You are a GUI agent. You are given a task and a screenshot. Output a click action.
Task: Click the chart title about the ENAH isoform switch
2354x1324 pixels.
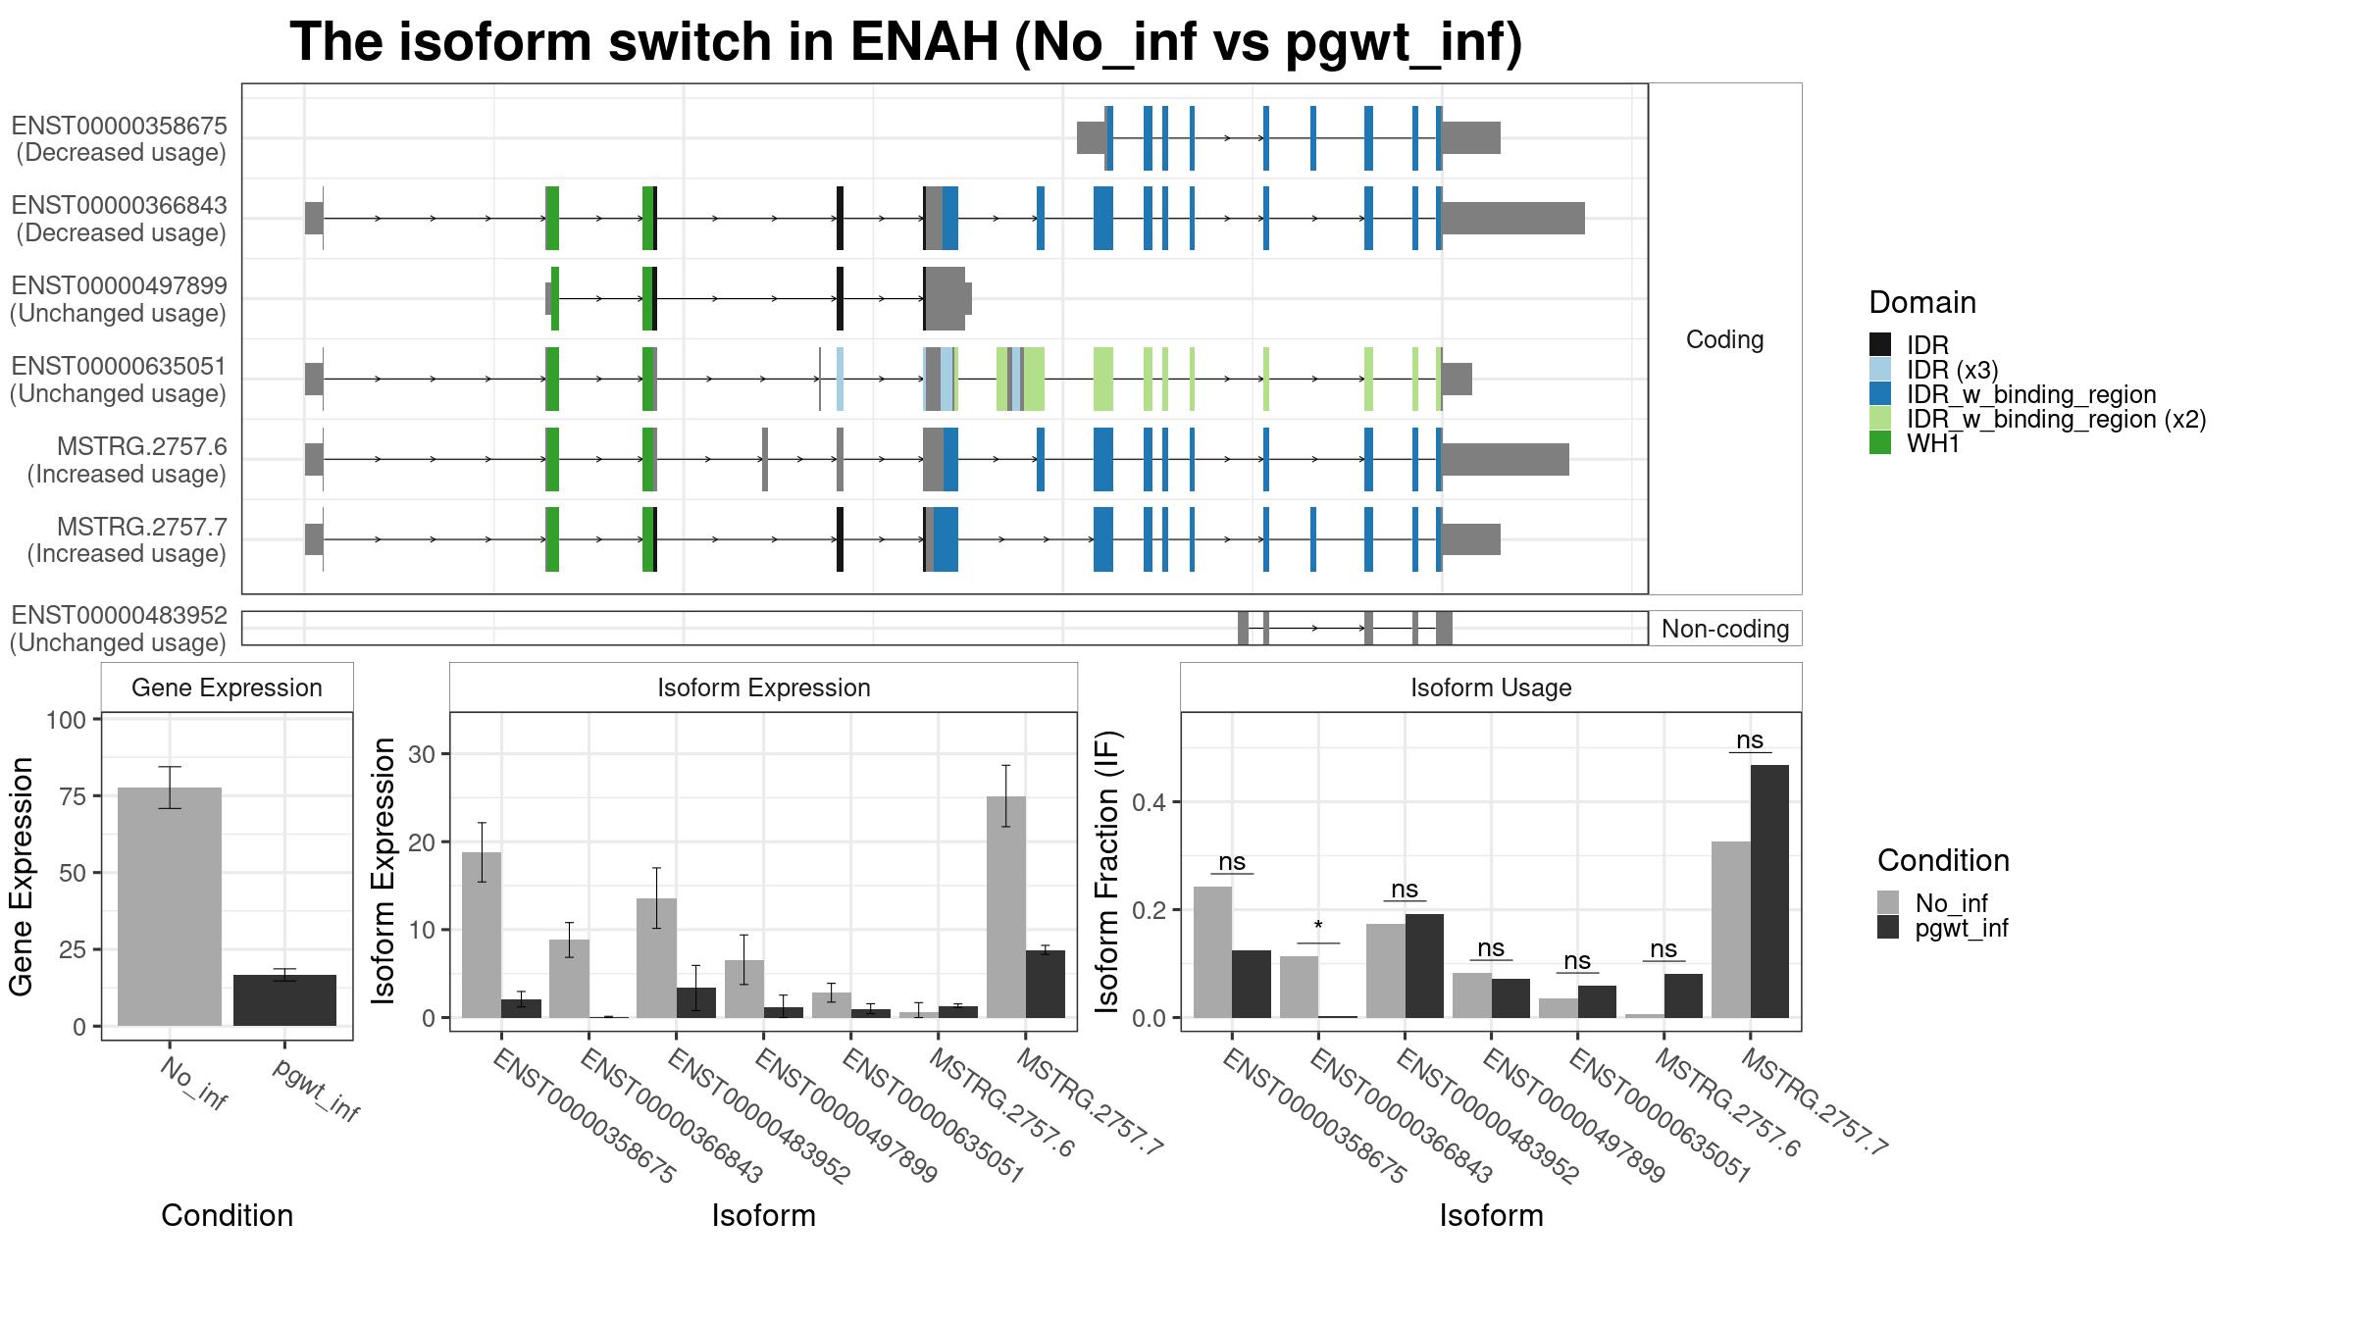905,42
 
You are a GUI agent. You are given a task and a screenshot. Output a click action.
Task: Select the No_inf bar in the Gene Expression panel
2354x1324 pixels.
170,906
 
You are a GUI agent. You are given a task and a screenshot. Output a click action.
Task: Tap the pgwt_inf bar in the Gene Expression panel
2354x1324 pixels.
284,1000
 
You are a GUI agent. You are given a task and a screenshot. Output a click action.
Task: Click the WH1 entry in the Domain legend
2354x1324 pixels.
1933,443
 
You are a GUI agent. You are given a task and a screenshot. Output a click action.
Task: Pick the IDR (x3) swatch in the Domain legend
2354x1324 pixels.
1880,369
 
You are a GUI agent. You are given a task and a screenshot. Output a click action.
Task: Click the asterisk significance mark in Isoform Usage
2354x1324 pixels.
1318,927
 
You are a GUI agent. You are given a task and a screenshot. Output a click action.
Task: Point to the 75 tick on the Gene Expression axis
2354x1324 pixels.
74,795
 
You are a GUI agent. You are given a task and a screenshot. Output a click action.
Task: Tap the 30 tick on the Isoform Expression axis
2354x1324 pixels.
423,754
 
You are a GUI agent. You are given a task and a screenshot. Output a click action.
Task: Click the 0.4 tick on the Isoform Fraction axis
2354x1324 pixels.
1150,802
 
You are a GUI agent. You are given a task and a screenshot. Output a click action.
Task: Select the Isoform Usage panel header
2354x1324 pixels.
1491,687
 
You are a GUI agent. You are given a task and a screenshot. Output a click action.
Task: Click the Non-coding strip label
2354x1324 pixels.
1725,629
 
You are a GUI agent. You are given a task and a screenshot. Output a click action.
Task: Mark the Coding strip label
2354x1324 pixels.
1724,339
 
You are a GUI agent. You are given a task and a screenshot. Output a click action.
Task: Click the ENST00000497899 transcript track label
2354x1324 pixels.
119,299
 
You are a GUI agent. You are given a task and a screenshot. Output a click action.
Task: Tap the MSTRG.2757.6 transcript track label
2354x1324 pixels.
128,460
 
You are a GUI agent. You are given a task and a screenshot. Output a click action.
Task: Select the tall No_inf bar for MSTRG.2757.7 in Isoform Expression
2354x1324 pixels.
1006,907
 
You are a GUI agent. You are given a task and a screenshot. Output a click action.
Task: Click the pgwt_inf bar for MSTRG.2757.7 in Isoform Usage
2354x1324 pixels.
1769,891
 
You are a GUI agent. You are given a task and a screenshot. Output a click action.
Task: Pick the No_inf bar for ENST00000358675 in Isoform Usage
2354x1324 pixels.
1212,952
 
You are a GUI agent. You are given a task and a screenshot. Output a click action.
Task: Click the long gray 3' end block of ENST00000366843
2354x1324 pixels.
1513,218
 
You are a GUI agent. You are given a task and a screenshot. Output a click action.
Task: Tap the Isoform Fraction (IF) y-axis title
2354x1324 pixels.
1107,872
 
